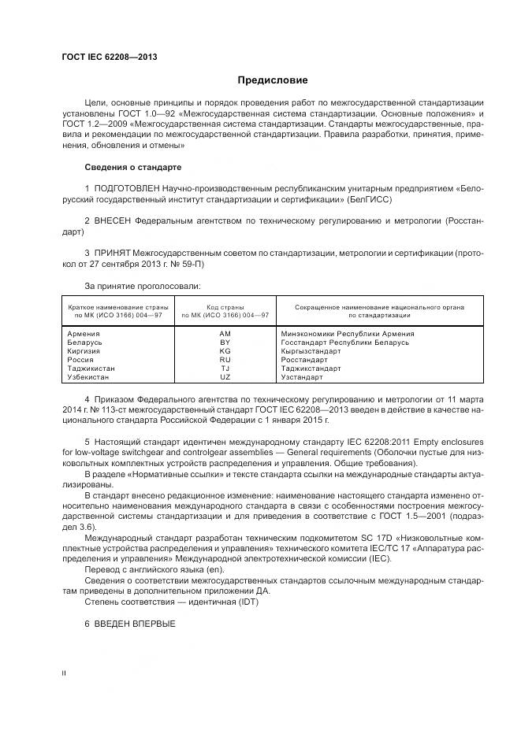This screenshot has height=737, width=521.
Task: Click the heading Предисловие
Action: click(273, 80)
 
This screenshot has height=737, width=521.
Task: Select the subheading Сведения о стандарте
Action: click(132, 168)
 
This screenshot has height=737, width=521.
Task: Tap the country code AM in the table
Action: click(225, 334)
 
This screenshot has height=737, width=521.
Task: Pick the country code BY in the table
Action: click(225, 343)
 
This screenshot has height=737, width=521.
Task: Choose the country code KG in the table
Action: click(225, 351)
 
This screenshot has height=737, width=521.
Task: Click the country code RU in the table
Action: click(225, 360)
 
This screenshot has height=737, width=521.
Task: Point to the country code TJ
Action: click(225, 368)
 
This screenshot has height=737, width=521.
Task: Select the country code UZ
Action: click(225, 377)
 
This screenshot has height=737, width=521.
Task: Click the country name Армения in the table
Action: click(84, 334)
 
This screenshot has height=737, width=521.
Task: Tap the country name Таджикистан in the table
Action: click(91, 368)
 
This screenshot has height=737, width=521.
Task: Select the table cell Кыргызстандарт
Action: click(311, 351)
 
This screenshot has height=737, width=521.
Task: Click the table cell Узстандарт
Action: click(303, 377)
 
